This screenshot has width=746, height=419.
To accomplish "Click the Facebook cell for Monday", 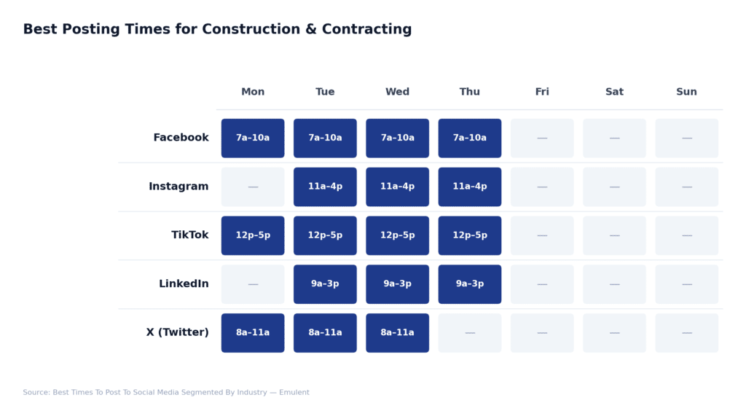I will pyautogui.click(x=253, y=138).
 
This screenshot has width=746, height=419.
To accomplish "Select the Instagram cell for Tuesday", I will pyautogui.click(x=325, y=187).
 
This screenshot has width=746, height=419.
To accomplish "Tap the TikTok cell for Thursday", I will pyautogui.click(x=470, y=235).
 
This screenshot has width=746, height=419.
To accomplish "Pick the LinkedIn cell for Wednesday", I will pyautogui.click(x=397, y=284).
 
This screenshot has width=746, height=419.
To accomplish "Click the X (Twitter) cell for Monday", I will pyautogui.click(x=253, y=333).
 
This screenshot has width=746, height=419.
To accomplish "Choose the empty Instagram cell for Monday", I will pyautogui.click(x=253, y=187).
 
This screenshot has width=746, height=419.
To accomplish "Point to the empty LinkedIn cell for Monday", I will pyautogui.click(x=253, y=284).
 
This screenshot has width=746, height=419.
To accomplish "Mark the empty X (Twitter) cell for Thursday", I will pyautogui.click(x=470, y=333).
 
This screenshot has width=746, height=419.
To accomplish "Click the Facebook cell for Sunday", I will pyautogui.click(x=686, y=138).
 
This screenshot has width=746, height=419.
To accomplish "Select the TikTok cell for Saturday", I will pyautogui.click(x=614, y=235).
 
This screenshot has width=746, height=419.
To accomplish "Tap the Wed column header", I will pyautogui.click(x=397, y=92).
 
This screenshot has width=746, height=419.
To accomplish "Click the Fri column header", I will pyautogui.click(x=542, y=92).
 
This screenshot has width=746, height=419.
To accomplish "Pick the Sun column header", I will pyautogui.click(x=686, y=92).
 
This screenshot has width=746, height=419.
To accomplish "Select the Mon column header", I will pyautogui.click(x=253, y=92).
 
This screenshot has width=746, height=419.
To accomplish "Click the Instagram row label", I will pyautogui.click(x=178, y=187).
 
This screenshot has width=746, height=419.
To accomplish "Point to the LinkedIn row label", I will pyautogui.click(x=184, y=284).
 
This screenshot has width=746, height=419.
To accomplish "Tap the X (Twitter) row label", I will pyautogui.click(x=177, y=333).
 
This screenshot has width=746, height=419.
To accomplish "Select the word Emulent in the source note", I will pyautogui.click(x=294, y=393).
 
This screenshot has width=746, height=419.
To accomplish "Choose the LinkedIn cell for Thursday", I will pyautogui.click(x=470, y=284).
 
